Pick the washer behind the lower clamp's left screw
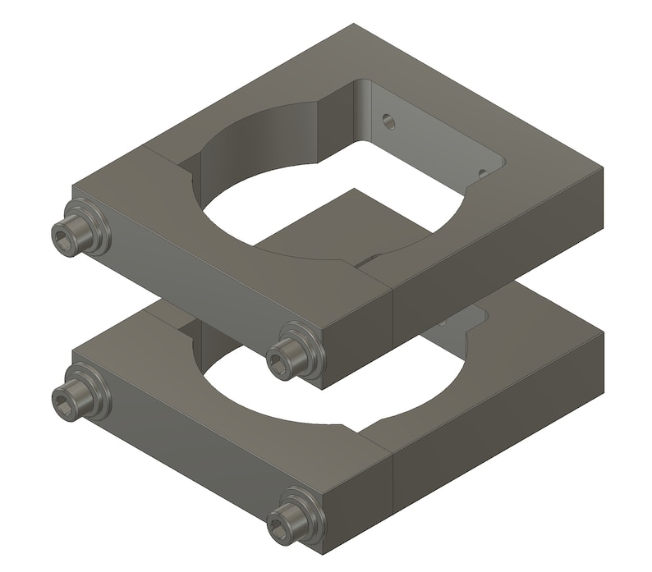pyautogui.click(x=95, y=391)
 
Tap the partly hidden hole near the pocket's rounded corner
pyautogui.click(x=483, y=173)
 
